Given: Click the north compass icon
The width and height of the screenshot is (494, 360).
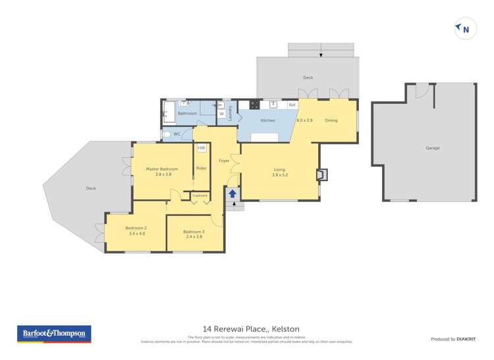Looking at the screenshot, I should click(x=465, y=29).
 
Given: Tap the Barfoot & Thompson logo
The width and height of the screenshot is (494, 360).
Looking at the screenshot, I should click(x=54, y=334).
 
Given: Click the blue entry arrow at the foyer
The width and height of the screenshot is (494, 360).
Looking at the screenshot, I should click(x=232, y=193).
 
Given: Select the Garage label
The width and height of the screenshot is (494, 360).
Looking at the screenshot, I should click(x=432, y=148).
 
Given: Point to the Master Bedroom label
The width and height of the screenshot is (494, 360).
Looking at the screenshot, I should click(x=162, y=169).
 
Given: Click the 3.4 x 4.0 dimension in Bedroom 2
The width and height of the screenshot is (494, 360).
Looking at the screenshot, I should click(x=136, y=234).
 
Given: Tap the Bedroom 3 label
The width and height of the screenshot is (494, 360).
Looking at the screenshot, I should click(x=194, y=232).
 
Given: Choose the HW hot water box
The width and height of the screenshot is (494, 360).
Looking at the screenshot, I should click(x=202, y=148).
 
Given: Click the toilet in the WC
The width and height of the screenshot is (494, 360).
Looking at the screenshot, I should click(x=167, y=134).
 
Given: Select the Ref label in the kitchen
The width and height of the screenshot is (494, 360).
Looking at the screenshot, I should click(x=292, y=105).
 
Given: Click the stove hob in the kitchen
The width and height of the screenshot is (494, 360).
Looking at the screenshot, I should click(x=253, y=105).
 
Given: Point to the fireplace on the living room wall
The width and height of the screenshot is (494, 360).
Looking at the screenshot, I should click(x=321, y=174).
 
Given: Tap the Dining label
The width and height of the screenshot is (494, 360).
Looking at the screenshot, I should click(x=331, y=120).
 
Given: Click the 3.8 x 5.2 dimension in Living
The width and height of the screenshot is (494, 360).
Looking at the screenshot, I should click(x=280, y=175).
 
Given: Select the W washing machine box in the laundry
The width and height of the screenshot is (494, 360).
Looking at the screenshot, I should click(x=221, y=114).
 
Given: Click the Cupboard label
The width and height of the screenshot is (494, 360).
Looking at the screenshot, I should click(x=200, y=195).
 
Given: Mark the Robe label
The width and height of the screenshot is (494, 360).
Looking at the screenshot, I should click(x=201, y=168).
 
